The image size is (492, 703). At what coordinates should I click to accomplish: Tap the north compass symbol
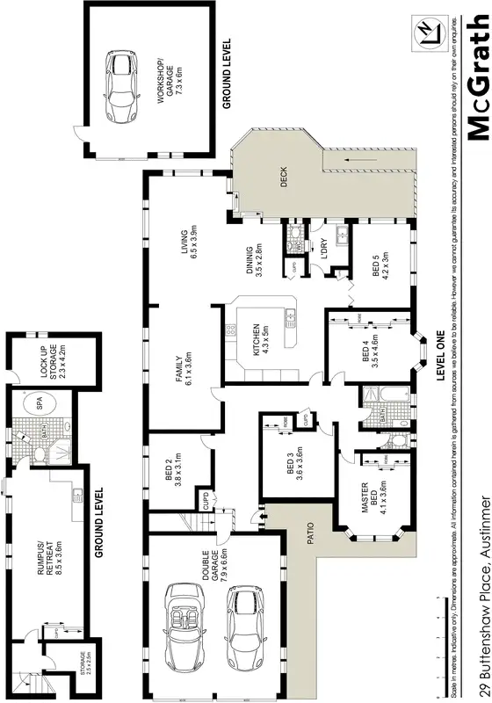(428, 33)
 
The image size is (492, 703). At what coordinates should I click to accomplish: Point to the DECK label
(284, 178)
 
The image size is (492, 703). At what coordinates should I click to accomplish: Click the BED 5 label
(381, 266)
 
